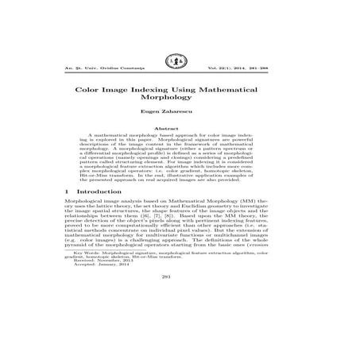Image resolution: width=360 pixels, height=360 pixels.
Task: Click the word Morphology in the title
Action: pos(180,106)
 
